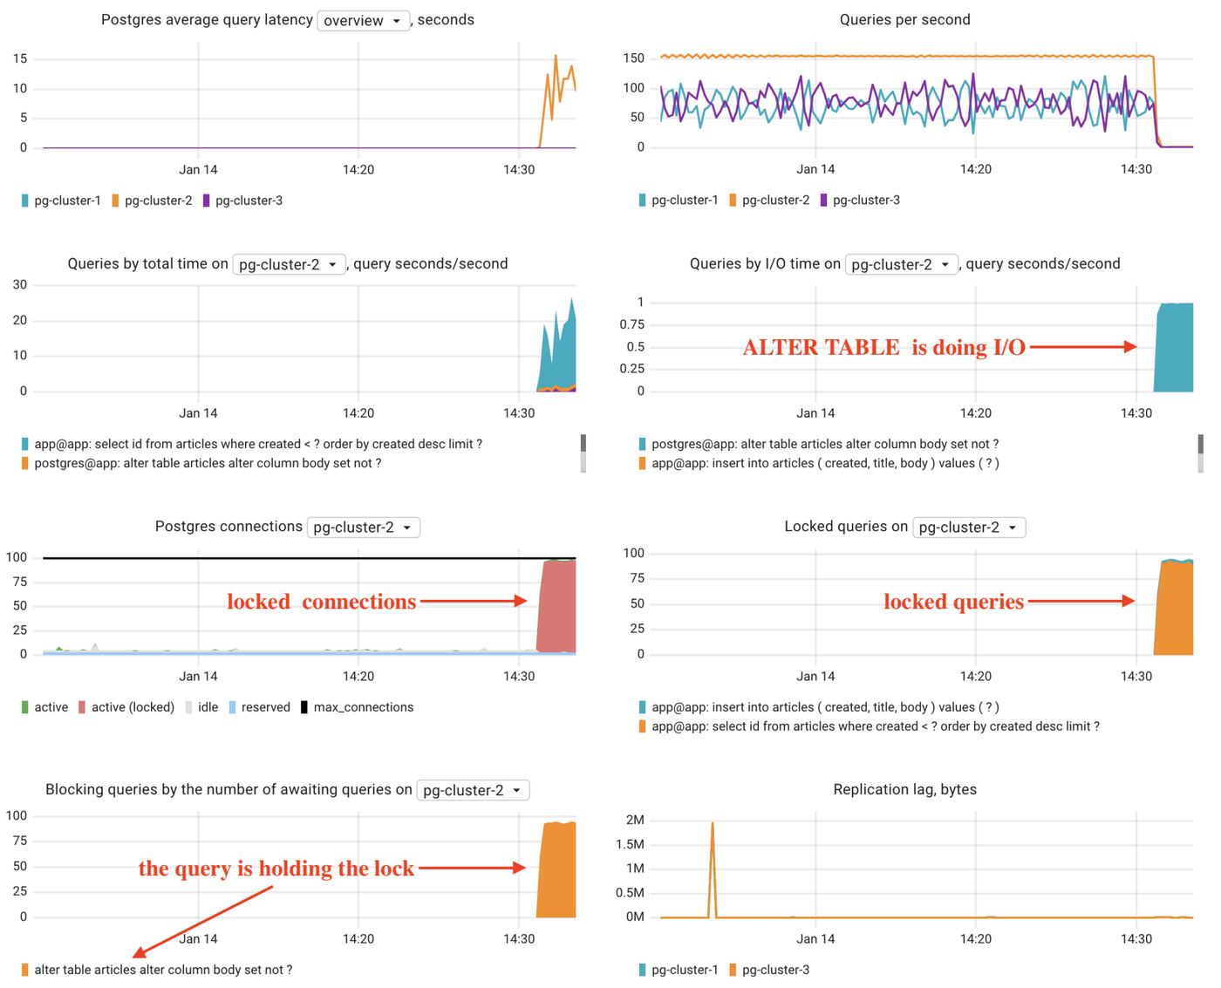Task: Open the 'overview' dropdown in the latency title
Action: [363, 20]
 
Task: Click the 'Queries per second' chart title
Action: [904, 19]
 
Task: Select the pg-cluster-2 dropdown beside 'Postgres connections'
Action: [363, 528]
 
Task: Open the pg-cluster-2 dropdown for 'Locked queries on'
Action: [968, 528]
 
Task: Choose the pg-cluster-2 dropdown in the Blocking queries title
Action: [473, 790]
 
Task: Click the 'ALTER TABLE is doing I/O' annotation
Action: [883, 348]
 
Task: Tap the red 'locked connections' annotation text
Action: [321, 602]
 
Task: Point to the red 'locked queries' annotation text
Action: [953, 602]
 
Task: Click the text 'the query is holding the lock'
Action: [276, 869]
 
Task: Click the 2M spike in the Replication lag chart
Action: [713, 825]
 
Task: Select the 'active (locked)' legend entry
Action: [132, 707]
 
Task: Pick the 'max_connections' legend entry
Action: [363, 707]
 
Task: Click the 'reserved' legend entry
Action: [265, 707]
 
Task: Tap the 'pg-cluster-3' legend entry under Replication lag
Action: [775, 970]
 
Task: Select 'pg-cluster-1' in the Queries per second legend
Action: [685, 201]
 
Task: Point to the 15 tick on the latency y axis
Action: [20, 58]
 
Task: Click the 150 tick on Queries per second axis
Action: [634, 58]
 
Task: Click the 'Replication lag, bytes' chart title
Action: [904, 789]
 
